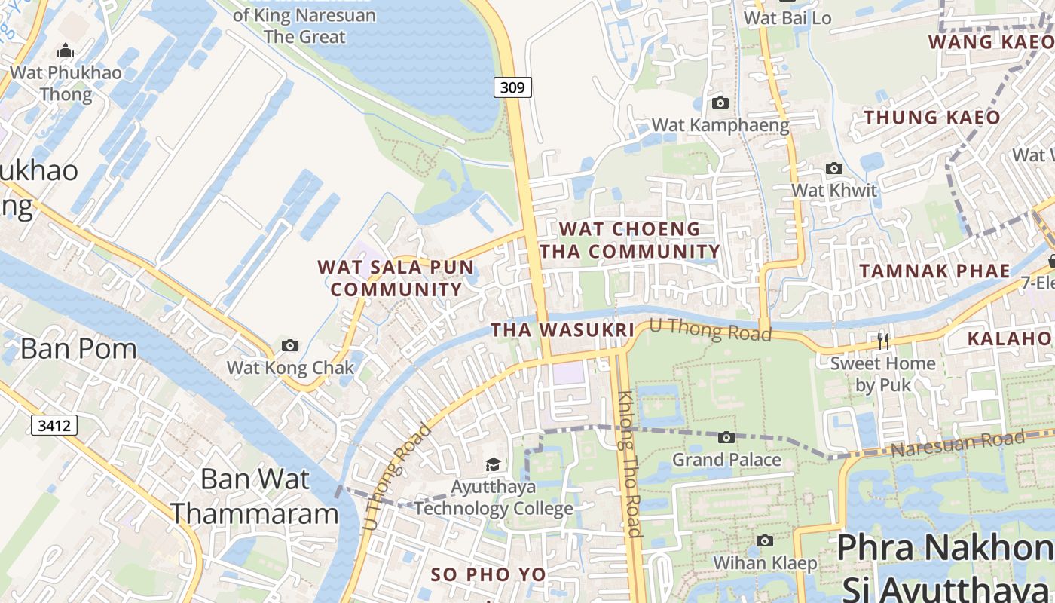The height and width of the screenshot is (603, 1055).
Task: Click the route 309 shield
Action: [x=512, y=87]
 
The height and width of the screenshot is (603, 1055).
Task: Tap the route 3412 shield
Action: [x=54, y=426]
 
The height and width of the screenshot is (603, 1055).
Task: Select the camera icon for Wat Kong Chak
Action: [x=290, y=346]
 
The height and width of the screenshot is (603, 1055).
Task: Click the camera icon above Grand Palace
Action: [x=726, y=437]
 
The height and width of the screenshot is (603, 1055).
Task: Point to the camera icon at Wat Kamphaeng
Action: [x=720, y=103]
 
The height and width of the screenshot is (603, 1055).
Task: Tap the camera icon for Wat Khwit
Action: [x=833, y=169]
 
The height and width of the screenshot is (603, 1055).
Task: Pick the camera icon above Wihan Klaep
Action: [x=765, y=540]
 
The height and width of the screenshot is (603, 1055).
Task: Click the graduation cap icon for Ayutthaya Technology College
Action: [x=493, y=465]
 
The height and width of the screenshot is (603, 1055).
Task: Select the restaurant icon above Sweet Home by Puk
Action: [x=883, y=341]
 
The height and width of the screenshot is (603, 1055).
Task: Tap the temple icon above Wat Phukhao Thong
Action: [x=66, y=51]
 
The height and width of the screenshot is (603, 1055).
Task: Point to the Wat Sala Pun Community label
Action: [x=396, y=278]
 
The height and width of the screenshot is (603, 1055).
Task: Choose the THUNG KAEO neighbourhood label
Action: [x=931, y=118]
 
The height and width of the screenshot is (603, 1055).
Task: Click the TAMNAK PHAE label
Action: [x=934, y=271]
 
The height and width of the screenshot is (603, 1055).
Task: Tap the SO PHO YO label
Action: [x=488, y=574]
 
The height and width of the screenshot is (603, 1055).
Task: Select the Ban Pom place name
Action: [x=78, y=348]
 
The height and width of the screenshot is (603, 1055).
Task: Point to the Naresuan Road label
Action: [x=957, y=444]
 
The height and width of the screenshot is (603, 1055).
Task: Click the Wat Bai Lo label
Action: [x=787, y=17]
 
